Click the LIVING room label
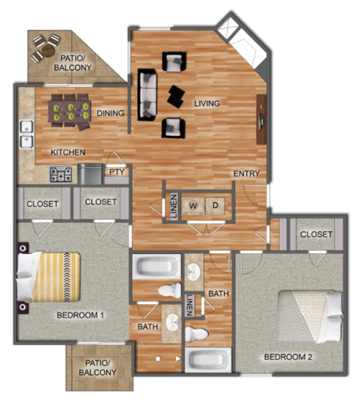click(207, 104)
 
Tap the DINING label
click(110, 114)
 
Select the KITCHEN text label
click(68, 152)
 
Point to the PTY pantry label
click(117, 172)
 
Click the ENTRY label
click(246, 174)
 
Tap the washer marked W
click(193, 206)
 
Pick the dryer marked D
click(215, 206)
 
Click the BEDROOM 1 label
click(80, 315)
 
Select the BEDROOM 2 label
click(288, 357)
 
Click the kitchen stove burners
click(61, 175)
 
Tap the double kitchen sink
click(27, 134)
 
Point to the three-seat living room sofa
click(147, 94)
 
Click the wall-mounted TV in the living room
click(261, 119)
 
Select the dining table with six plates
click(69, 111)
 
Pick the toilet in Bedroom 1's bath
click(170, 290)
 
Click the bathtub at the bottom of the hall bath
click(208, 359)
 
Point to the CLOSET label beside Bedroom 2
click(316, 234)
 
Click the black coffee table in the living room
click(176, 96)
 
